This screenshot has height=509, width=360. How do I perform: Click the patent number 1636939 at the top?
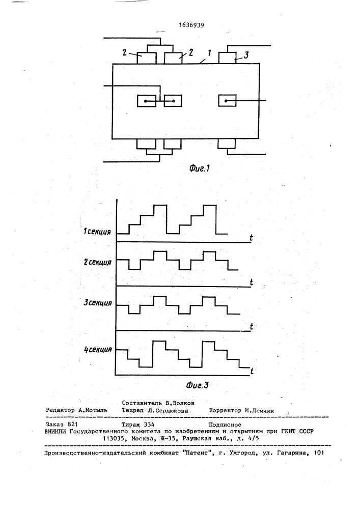[191, 25]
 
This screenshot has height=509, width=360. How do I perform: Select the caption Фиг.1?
[200, 168]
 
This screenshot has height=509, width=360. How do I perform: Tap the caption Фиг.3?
[198, 385]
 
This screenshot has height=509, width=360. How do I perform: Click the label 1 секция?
[97, 232]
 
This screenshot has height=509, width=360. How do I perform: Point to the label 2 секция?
[97, 262]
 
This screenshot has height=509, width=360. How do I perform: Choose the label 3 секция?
[98, 303]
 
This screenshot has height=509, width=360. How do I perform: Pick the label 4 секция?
[98, 350]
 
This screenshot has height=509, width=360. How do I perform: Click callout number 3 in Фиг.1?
[246, 55]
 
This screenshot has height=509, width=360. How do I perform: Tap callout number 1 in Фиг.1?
[209, 52]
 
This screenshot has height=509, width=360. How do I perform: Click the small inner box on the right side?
[227, 101]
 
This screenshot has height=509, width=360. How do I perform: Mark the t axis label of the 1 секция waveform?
[251, 238]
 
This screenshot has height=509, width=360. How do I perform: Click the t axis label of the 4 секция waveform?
[252, 371]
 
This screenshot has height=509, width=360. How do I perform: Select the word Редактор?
[60, 410]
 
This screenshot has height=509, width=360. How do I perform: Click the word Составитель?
[142, 403]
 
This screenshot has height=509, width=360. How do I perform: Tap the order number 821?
[73, 425]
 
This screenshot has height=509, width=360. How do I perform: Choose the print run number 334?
[149, 425]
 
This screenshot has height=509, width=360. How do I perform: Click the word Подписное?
[225, 425]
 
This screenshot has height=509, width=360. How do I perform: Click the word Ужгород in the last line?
[243, 453]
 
